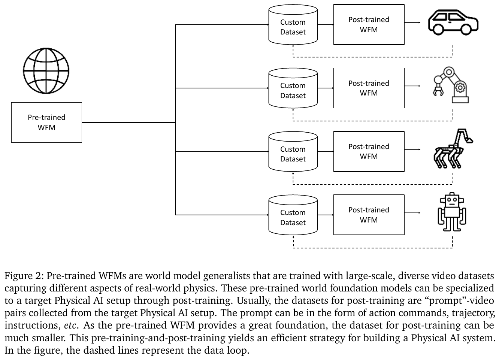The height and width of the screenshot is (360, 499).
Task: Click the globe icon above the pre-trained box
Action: [46, 70]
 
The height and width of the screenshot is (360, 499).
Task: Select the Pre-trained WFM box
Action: [46, 122]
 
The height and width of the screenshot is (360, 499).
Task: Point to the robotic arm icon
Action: [451, 85]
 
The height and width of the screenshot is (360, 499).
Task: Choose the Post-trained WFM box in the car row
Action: [369, 25]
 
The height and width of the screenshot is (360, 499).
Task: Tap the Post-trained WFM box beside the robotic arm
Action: [369, 88]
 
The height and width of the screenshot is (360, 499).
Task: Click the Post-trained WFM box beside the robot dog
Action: [369, 151]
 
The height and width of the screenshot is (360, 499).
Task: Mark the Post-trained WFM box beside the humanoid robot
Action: [369, 215]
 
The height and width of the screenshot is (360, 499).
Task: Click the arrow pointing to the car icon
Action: [412, 22]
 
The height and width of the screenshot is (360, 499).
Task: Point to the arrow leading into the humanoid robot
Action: [412, 213]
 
